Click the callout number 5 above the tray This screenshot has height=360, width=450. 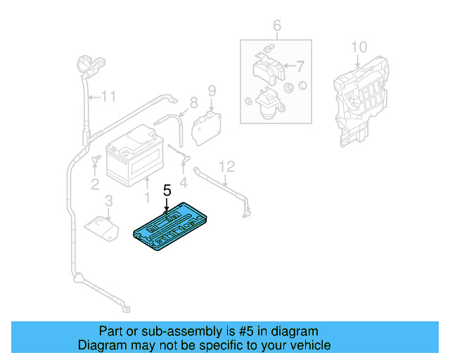tap(167, 190)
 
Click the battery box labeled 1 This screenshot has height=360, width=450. tap(136, 157)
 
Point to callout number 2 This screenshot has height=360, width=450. tap(94, 185)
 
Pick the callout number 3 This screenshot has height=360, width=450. tap(108, 203)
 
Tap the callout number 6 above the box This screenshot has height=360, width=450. tap(277, 27)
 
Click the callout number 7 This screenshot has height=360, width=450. tap(300, 67)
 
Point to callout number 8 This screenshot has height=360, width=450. tap(194, 101)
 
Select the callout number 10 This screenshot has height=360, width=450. tap(359, 47)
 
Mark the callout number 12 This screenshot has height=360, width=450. tap(226, 166)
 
